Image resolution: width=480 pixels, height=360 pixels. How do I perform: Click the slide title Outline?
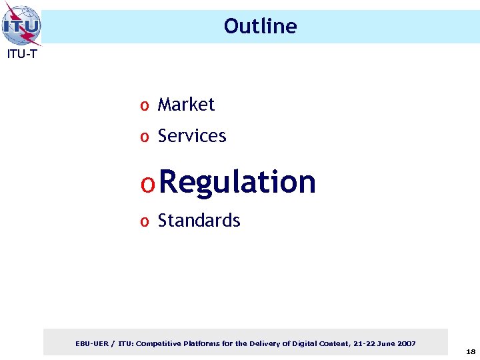pos(260,26)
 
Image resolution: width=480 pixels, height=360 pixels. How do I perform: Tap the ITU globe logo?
pos(21,25)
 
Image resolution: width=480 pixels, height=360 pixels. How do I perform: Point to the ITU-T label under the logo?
pos(22,55)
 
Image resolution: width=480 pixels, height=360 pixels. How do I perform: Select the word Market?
pos(186,105)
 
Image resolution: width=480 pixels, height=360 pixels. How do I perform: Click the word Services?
pos(192,136)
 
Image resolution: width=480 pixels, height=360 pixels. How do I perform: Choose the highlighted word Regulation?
pos(238,181)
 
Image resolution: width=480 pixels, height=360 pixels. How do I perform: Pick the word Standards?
pos(199,221)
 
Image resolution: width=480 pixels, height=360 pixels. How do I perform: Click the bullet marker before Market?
pos(143,106)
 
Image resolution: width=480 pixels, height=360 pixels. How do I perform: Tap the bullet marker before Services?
pos(143,137)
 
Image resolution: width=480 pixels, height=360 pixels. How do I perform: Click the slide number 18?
pos(471,351)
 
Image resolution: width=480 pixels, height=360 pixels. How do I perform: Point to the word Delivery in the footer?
pos(265,344)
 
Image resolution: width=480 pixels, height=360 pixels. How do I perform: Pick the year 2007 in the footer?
pos(407,344)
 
